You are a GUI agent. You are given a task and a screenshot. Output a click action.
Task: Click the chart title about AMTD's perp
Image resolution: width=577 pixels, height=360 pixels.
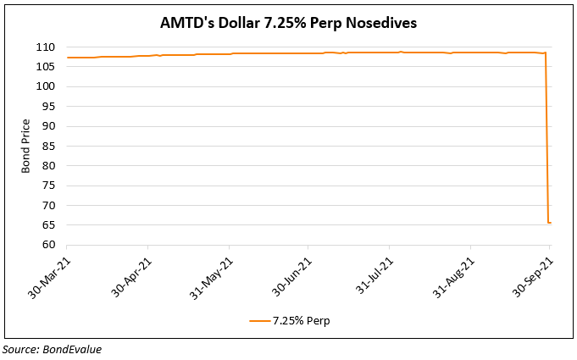click(x=288, y=23)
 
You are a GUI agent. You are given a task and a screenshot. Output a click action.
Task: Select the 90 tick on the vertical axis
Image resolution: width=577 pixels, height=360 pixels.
click(x=49, y=126)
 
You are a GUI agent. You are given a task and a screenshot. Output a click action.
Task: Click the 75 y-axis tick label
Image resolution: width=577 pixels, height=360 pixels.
click(x=49, y=186)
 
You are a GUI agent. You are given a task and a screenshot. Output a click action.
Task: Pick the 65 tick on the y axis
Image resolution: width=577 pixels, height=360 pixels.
click(x=49, y=225)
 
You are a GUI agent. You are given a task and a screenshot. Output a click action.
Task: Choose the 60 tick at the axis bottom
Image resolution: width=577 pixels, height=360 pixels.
click(x=49, y=245)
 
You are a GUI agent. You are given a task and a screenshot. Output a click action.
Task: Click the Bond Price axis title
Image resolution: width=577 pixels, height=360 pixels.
click(x=26, y=147)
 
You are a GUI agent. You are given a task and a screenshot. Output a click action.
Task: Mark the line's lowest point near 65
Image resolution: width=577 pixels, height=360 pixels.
click(x=549, y=223)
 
